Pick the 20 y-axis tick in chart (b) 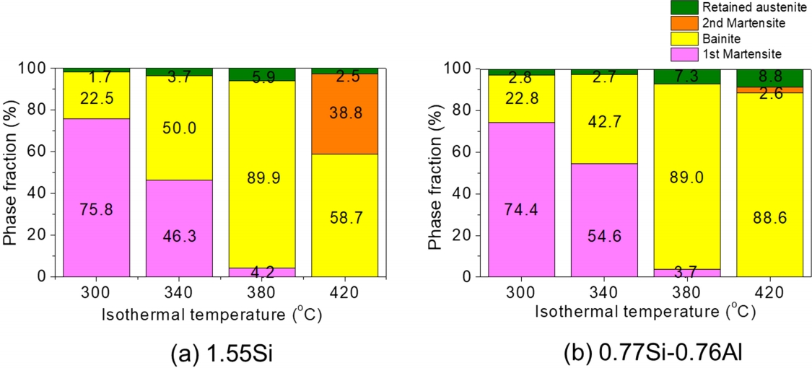coord(469,235)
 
